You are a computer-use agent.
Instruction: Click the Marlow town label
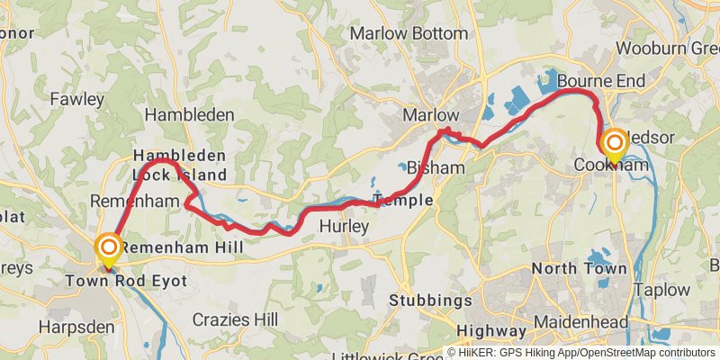point(430,115)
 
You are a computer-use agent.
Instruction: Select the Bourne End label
point(601,82)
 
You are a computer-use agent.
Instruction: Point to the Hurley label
point(345,227)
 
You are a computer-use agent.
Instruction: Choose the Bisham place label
point(436,167)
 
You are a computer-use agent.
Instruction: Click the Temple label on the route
point(403,200)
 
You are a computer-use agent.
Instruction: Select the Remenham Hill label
point(177,247)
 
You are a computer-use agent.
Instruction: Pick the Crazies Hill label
point(236,320)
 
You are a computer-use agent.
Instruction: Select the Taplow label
point(661,291)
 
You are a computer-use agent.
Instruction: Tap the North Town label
point(579,268)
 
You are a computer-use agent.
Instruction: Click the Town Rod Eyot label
point(126,282)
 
